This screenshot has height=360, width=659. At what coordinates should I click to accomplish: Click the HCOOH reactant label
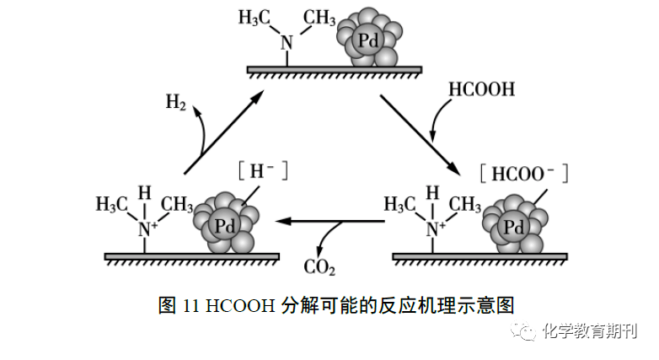(x=482, y=89)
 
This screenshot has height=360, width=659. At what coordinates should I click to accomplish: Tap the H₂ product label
(x=175, y=102)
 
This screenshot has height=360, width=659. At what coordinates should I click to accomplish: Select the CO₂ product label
(x=319, y=267)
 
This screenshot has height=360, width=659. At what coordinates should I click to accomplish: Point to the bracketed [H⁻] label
(x=263, y=171)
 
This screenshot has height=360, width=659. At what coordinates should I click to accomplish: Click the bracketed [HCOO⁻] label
(x=523, y=174)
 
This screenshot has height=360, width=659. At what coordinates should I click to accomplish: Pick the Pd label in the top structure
(x=368, y=40)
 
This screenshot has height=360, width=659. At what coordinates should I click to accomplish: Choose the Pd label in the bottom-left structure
(x=224, y=226)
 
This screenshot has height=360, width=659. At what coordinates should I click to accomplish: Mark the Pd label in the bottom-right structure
(x=513, y=228)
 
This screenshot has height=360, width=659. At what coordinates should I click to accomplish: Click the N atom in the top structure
(x=287, y=43)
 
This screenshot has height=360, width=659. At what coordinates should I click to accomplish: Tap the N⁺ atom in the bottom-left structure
(x=147, y=229)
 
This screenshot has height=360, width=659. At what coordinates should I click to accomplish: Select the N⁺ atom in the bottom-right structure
(x=436, y=229)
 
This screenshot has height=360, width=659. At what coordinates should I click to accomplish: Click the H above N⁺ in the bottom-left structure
(x=145, y=193)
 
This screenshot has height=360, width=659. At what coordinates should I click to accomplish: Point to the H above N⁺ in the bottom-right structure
(x=432, y=193)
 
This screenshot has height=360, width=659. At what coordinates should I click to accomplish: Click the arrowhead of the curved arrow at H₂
(x=196, y=110)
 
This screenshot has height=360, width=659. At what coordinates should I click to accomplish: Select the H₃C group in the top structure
(x=254, y=18)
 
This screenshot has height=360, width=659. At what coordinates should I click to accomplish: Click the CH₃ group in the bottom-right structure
(x=465, y=204)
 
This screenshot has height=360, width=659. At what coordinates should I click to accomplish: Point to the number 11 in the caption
(x=190, y=306)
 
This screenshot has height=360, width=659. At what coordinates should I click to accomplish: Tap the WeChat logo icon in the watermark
(x=522, y=330)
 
